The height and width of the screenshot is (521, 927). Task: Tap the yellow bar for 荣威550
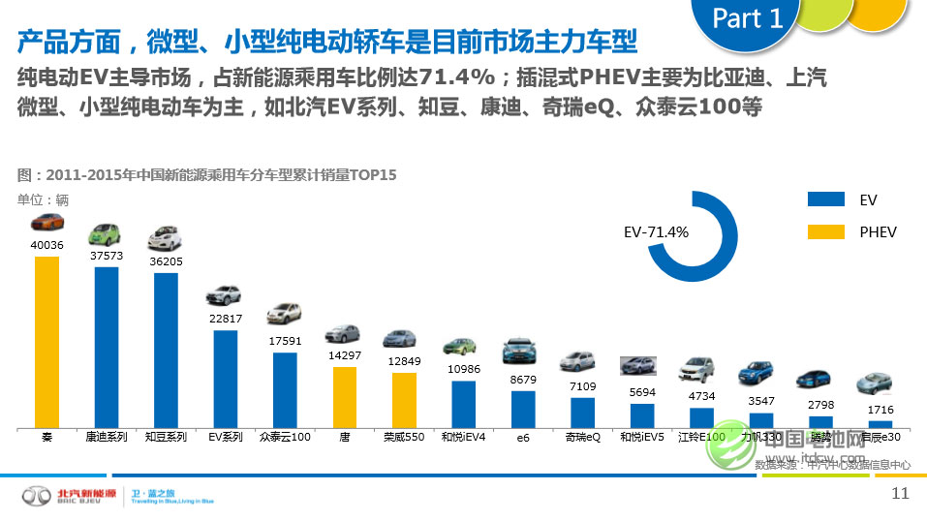click(404, 400)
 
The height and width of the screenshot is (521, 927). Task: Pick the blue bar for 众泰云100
click(285, 389)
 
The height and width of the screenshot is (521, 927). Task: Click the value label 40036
click(46, 245)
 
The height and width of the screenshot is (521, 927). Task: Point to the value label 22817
click(226, 319)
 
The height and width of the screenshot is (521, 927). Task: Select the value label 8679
click(523, 380)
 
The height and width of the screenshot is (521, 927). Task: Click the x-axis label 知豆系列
click(166, 438)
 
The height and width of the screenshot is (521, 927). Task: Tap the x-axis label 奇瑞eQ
click(583, 438)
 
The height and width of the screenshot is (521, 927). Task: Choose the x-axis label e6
click(523, 438)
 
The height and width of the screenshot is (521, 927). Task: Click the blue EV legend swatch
click(826, 199)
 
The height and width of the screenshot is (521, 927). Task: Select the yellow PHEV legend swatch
click(826, 231)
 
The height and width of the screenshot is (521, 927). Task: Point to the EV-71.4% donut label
click(656, 232)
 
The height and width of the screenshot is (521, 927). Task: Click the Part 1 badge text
click(747, 19)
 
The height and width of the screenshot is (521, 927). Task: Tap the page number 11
click(900, 494)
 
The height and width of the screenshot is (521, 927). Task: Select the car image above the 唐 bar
click(344, 334)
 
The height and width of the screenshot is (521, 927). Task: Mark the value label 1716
click(881, 410)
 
